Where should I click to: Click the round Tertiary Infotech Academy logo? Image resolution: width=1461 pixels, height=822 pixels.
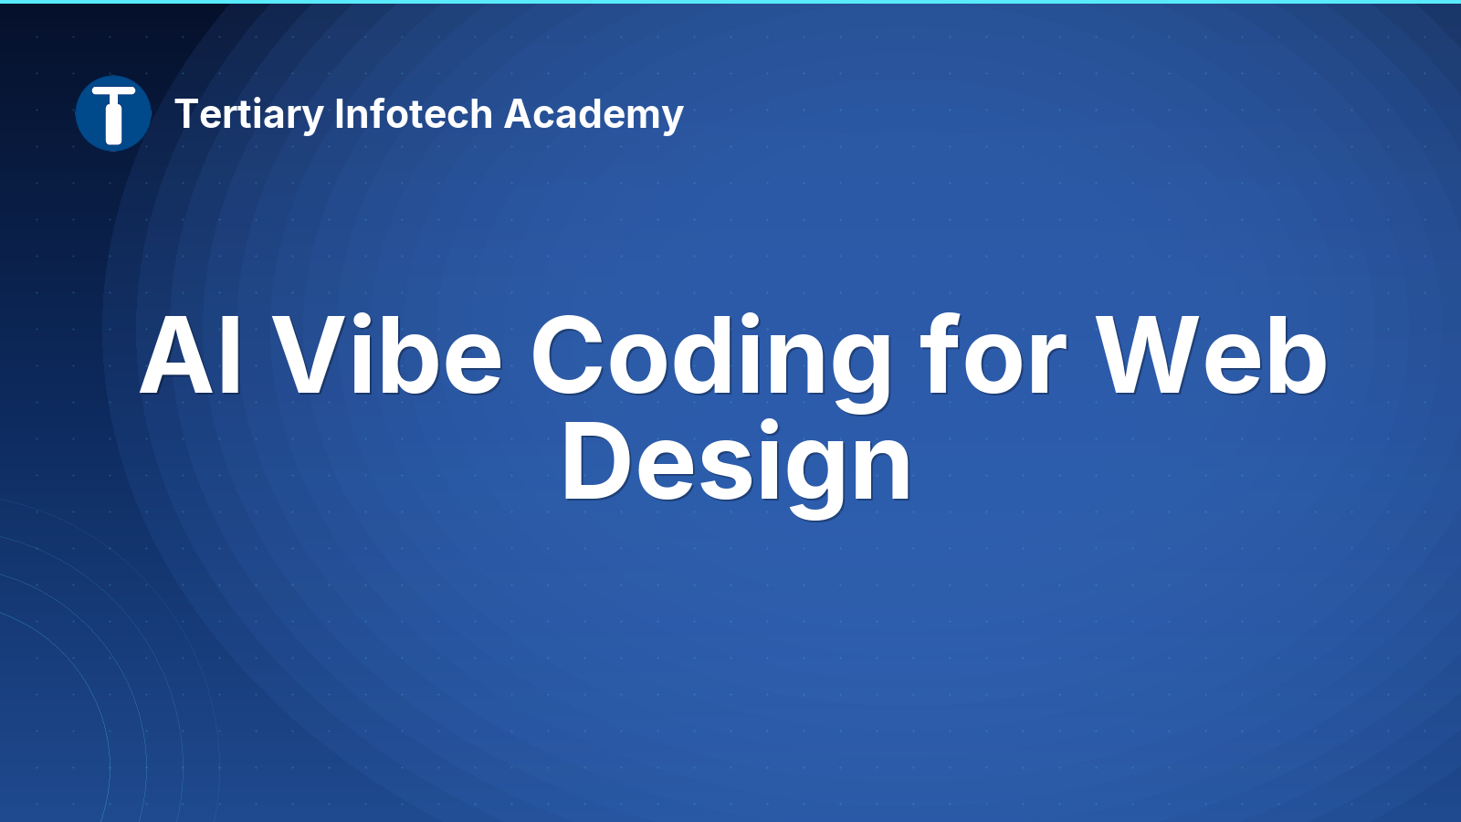pyautogui.click(x=113, y=113)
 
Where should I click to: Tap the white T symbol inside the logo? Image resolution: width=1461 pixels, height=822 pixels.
pyautogui.click(x=113, y=115)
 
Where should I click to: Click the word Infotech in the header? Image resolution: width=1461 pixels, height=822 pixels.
pyautogui.click(x=414, y=113)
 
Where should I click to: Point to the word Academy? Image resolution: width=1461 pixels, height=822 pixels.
pyautogui.click(x=594, y=115)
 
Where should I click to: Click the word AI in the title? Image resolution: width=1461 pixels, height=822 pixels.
pyautogui.click(x=191, y=355)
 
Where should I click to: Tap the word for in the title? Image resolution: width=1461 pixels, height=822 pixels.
pyautogui.click(x=993, y=354)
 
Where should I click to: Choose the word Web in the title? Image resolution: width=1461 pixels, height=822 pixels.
pyautogui.click(x=1211, y=354)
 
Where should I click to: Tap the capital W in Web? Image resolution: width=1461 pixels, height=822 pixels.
pyautogui.click(x=1147, y=355)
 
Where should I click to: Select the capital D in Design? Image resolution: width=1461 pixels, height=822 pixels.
pyautogui.click(x=596, y=460)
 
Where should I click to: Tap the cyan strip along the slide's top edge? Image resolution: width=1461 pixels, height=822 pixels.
pyautogui.click(x=730, y=2)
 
